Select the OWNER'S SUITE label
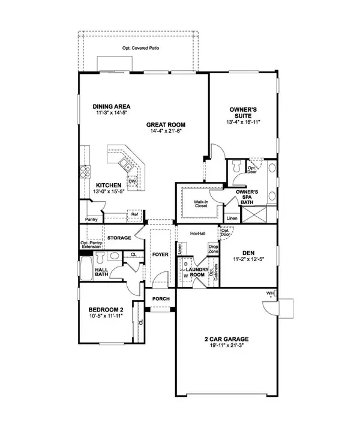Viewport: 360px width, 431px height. (x=244, y=113)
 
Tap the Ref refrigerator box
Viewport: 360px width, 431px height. (x=135, y=214)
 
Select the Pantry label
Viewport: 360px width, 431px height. (x=92, y=220)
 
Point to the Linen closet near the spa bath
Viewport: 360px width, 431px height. (x=232, y=218)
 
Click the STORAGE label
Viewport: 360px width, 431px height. (x=119, y=238)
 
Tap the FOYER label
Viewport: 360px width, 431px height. (x=160, y=254)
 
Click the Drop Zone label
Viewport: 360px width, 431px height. (x=212, y=249)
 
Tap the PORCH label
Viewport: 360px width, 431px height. (x=161, y=299)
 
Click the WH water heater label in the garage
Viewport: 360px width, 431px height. (x=271, y=294)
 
